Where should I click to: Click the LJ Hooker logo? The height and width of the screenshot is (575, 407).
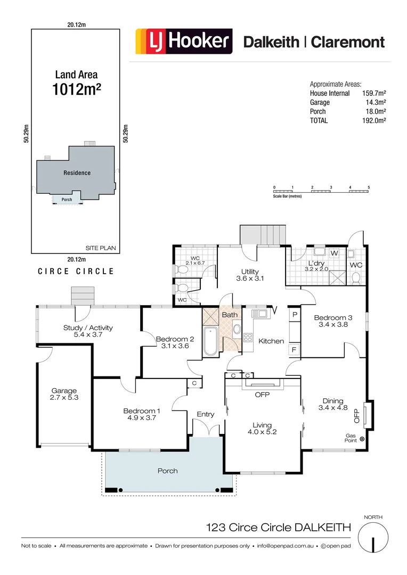184,42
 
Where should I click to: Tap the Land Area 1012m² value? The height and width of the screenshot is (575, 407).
77,89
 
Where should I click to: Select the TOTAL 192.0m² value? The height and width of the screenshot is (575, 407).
374,121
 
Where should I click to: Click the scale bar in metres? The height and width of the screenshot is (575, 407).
321,191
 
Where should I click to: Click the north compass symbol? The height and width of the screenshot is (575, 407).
373,538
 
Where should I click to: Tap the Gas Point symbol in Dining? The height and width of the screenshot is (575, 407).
362,439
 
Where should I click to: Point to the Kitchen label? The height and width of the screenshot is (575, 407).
271,341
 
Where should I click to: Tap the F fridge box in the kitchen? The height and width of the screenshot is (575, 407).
294,350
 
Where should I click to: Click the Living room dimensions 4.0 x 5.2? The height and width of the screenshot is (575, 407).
262,432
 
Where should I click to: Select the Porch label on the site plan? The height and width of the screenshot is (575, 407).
67,200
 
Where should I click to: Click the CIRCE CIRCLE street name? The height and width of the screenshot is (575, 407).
76,272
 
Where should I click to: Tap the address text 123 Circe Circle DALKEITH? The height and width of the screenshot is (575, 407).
278,528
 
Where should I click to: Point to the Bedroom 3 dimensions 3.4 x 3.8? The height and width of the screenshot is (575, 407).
333,324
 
